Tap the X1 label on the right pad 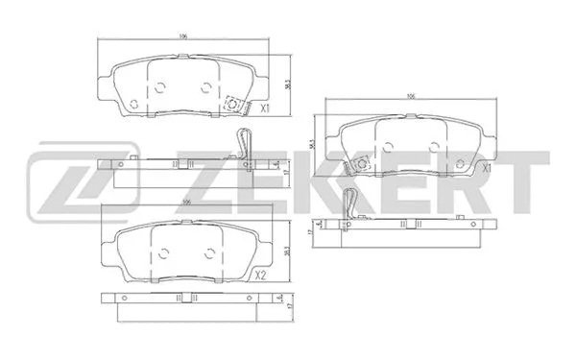coord(487,169)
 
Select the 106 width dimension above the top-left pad coord(181,37)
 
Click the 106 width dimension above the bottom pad coord(186,202)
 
